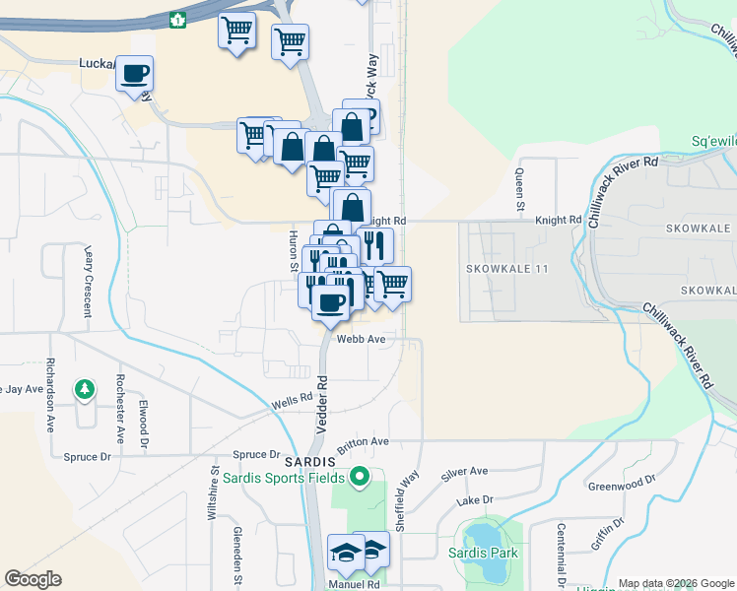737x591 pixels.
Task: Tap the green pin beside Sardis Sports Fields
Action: pyautogui.click(x=359, y=479)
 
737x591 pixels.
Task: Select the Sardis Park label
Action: pyautogui.click(x=490, y=553)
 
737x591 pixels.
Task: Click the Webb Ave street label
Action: pyautogui.click(x=360, y=339)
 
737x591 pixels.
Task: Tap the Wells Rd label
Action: pyautogui.click(x=293, y=403)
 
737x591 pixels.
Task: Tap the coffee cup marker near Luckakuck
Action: pyautogui.click(x=135, y=74)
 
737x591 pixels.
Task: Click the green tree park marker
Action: pyautogui.click(x=86, y=389)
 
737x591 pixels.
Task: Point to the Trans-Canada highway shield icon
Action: pyautogui.click(x=178, y=19)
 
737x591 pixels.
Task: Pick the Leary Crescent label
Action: pyautogui.click(x=88, y=281)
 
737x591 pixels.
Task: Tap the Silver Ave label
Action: pyautogui.click(x=465, y=473)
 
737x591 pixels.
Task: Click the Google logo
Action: pyautogui.click(x=33, y=579)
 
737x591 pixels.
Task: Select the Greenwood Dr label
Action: pyautogui.click(x=622, y=484)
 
